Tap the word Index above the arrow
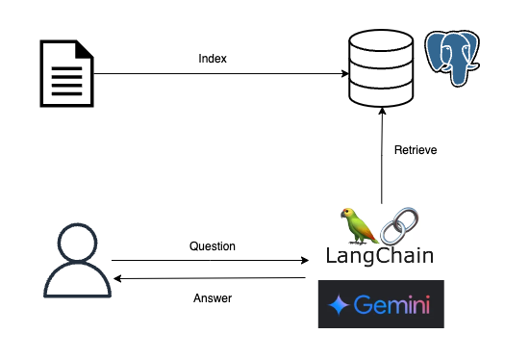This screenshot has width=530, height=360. click(212, 59)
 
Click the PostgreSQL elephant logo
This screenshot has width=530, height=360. click(454, 60)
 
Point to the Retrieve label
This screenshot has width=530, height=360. click(416, 149)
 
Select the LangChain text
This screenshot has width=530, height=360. click(379, 256)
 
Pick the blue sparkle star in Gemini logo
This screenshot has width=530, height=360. click(339, 306)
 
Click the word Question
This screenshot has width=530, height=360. click(212, 246)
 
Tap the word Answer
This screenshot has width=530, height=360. click(212, 297)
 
